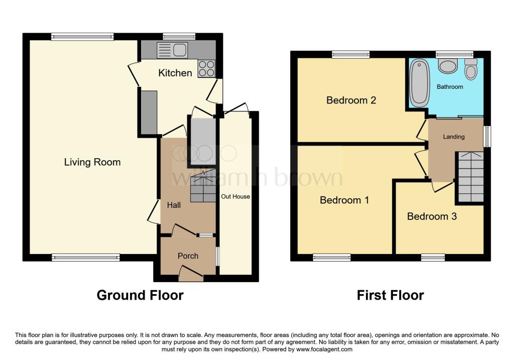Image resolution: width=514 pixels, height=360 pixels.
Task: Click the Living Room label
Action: tap(92, 162)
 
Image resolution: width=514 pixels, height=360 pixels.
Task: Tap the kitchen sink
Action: tap(172, 50)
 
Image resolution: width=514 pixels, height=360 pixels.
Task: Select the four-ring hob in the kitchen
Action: tap(206, 68)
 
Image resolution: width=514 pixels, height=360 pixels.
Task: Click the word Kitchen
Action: tap(175, 73)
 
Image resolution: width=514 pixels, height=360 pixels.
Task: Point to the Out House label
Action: tap(235, 196)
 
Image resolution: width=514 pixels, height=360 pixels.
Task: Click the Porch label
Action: tap(188, 256)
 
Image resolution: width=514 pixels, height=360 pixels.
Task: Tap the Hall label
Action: tap(174, 205)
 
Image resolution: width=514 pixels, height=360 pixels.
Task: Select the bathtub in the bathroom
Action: tap(419, 83)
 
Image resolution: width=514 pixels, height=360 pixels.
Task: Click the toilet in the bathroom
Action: tap(471, 69)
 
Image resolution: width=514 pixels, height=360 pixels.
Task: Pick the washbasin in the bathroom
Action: tap(448, 66)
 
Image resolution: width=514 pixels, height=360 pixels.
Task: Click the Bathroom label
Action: tap(450, 87)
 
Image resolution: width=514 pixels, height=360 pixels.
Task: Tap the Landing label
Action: tap(454, 137)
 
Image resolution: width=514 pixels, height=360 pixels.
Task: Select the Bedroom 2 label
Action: tap(351, 100)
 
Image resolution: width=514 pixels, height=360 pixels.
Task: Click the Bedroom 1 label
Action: tap(344, 200)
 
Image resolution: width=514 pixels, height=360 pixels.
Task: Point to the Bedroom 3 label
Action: tap(432, 216)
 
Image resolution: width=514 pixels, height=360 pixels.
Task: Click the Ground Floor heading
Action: tap(140, 295)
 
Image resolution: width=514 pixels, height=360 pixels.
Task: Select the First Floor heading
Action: tap(390, 295)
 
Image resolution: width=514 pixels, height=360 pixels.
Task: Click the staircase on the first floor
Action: tap(471, 177)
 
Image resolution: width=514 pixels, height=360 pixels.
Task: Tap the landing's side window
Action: tap(487, 137)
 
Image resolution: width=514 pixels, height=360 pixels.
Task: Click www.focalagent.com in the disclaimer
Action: tap(324, 349)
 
